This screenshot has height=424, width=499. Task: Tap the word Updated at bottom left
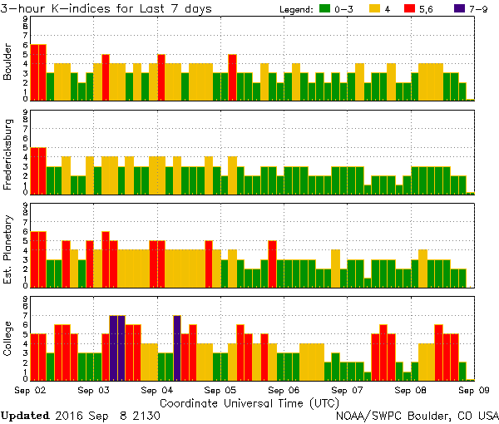26,415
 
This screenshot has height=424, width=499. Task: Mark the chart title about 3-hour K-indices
107,8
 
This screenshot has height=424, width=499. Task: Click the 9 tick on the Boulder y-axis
24,17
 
